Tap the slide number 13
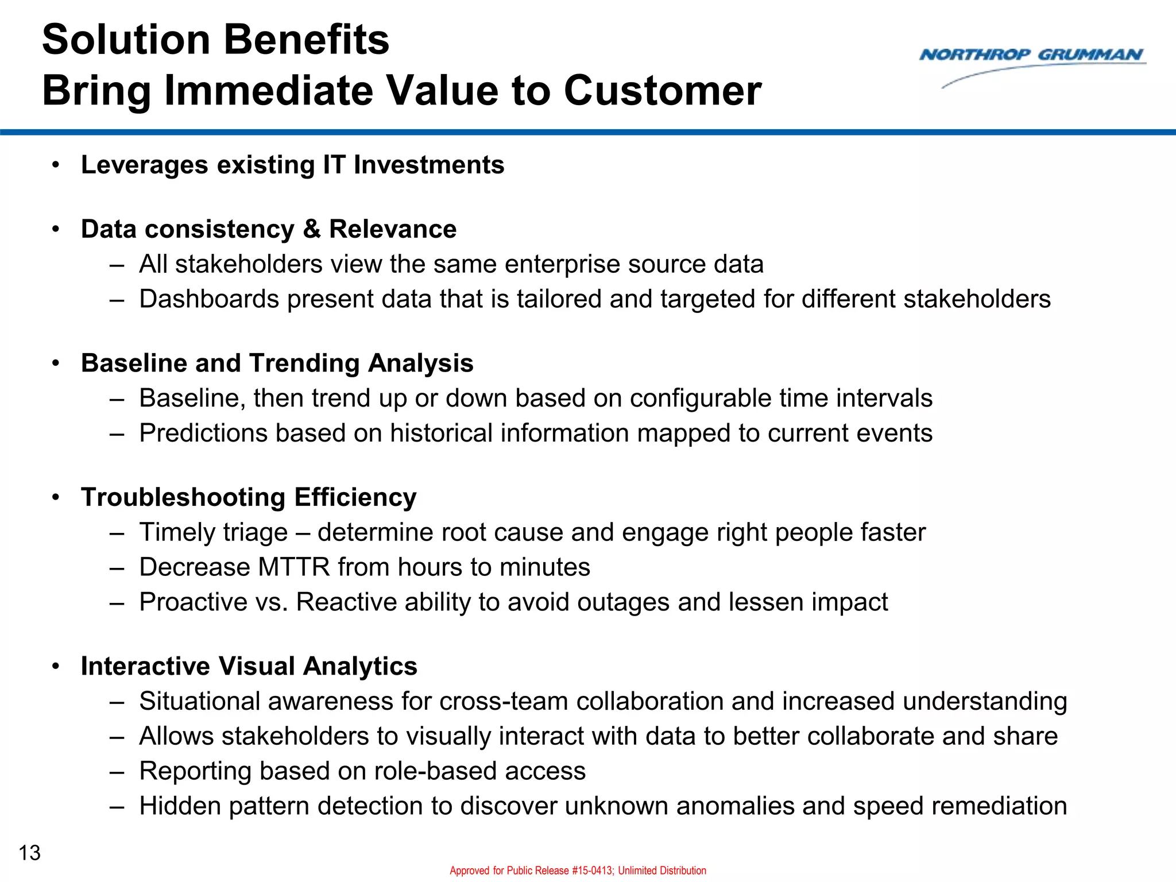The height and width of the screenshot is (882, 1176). coord(30,853)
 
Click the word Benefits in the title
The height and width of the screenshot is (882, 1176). coord(305,40)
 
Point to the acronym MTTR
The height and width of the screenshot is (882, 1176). coord(294,567)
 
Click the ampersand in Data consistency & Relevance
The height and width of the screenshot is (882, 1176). coord(311,229)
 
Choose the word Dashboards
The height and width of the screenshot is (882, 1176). coord(209,299)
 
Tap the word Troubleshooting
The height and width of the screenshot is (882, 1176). coord(183,497)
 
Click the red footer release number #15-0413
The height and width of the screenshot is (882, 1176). coord(592,871)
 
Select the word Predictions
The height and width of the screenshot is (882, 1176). coord(203,434)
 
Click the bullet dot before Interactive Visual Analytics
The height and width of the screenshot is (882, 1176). coord(56,667)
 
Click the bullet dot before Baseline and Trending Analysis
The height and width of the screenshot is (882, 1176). coord(56,363)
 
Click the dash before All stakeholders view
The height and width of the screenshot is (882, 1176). coord(117,265)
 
